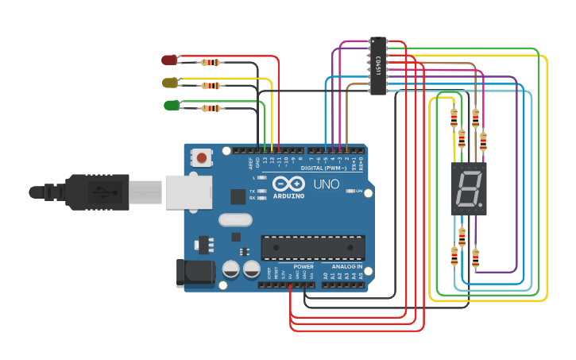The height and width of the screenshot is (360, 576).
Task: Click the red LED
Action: (x=169, y=60)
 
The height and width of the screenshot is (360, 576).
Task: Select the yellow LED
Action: (x=169, y=83)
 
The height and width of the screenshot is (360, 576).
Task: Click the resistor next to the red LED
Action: (x=211, y=62)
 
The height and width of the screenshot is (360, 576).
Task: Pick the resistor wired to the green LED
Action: (x=211, y=108)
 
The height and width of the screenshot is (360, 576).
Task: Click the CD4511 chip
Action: (x=378, y=66)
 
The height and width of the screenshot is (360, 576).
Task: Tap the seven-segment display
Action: (x=468, y=189)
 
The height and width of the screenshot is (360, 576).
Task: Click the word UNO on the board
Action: (x=326, y=184)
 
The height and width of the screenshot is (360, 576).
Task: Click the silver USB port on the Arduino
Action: (x=188, y=192)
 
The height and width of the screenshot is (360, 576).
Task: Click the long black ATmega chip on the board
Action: (x=313, y=248)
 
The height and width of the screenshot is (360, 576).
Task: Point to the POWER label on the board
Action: (x=303, y=266)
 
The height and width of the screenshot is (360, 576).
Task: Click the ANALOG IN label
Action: (x=346, y=266)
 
